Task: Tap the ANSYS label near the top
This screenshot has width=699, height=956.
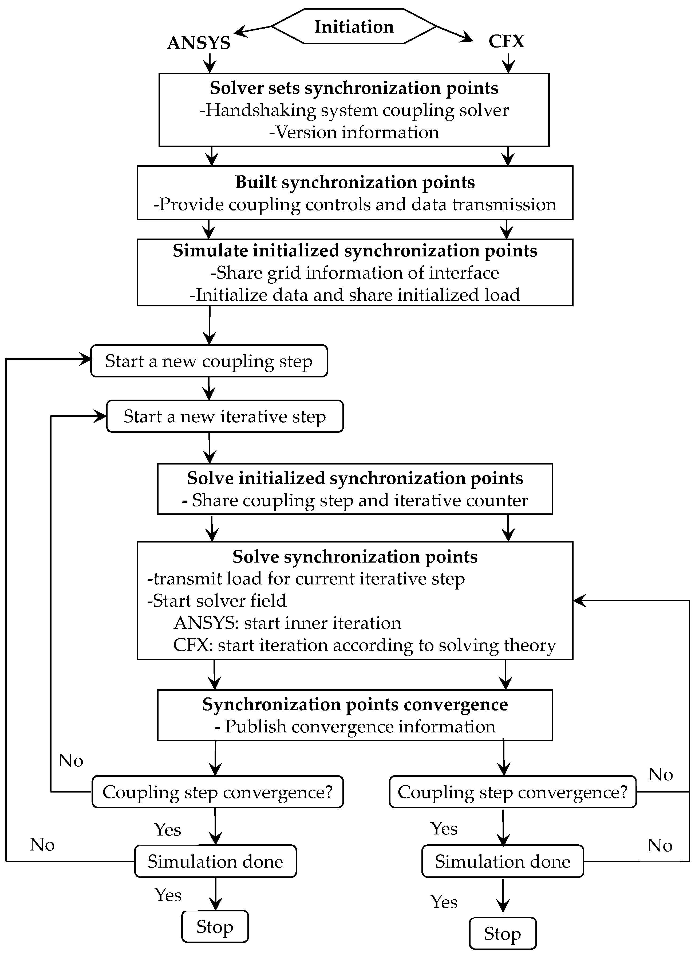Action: point(199,43)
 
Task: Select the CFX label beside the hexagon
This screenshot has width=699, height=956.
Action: point(506,41)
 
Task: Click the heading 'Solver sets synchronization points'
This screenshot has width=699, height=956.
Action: point(354,88)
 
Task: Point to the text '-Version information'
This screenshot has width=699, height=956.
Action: point(354,132)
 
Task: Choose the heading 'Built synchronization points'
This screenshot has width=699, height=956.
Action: point(355,182)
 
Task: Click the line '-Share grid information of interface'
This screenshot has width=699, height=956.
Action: point(355,273)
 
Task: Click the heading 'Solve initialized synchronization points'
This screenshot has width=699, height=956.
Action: point(355,478)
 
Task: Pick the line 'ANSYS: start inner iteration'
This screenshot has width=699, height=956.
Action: point(287,623)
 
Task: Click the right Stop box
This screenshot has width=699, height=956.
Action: point(502,934)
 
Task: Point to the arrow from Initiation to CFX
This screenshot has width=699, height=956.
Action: point(455,34)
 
